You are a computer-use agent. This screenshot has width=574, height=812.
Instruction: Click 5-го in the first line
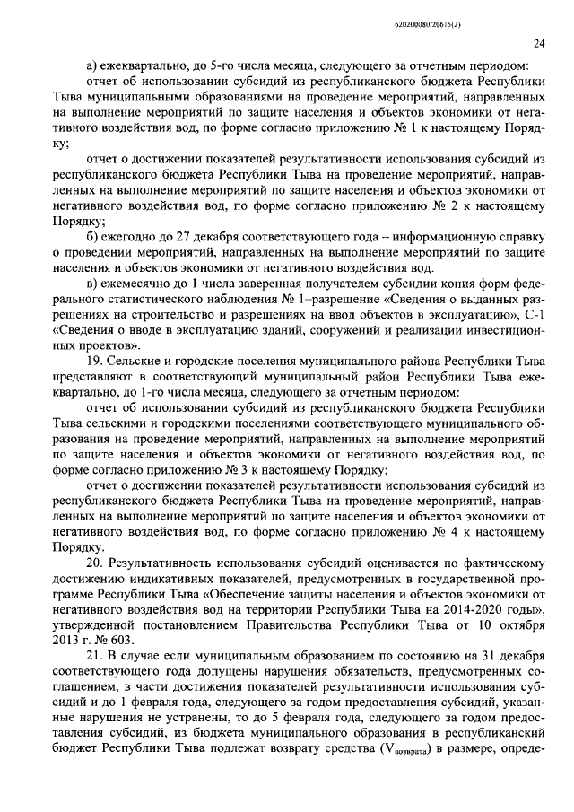click(x=229, y=65)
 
